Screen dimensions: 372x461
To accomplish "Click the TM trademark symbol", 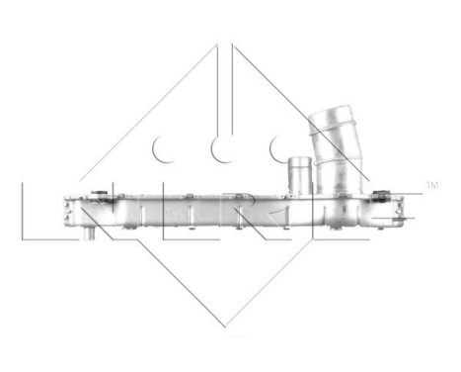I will click(x=429, y=184).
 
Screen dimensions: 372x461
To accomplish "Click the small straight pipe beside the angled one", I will click(x=298, y=174).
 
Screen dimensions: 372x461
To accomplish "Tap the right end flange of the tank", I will click(x=400, y=209).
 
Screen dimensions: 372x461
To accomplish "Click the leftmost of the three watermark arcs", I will click(x=163, y=148).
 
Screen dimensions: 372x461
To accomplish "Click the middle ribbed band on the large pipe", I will click(x=333, y=148).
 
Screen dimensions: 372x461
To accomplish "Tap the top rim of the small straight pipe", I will click(x=298, y=159).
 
